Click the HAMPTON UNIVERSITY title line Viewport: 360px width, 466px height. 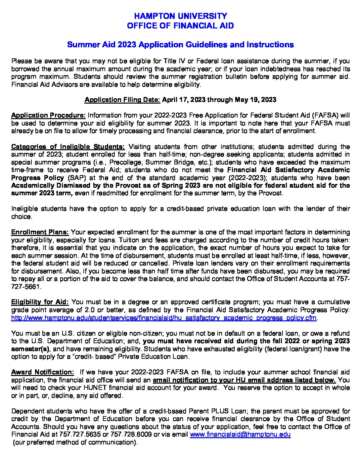click(180, 16)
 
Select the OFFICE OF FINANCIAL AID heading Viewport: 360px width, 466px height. click(180, 25)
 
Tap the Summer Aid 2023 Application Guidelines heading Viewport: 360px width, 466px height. click(180, 44)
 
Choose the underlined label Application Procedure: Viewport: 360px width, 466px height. click(48, 116)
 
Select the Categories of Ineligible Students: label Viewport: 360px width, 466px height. click(68, 147)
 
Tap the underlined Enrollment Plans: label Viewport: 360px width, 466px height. click(40, 232)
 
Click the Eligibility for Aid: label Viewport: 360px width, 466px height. click(40, 302)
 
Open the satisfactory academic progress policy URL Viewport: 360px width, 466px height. click(164, 318)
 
